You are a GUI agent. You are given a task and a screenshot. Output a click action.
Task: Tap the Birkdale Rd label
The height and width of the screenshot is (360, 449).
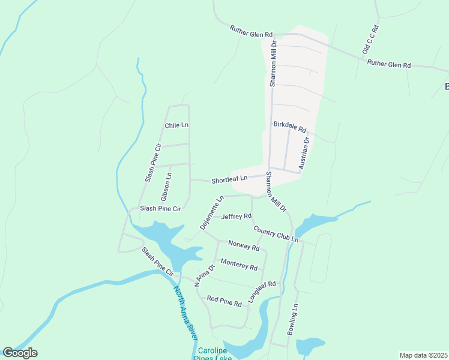(x=290, y=128)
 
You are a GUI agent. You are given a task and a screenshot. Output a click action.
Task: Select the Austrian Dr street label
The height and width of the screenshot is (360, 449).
(x=304, y=153)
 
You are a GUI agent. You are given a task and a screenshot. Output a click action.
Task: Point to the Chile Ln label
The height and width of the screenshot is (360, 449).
(x=176, y=125)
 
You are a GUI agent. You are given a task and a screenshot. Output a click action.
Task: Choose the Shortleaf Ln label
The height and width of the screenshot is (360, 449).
(x=229, y=179)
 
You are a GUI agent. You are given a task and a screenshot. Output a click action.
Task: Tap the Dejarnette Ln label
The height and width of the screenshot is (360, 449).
(x=212, y=212)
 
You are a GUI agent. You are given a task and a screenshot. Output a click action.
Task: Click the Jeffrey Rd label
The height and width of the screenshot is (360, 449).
(x=236, y=216)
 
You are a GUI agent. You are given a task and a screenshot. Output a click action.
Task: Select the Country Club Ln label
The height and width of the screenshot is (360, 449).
(x=276, y=234)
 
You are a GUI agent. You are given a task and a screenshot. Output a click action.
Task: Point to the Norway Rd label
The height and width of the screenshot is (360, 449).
(x=244, y=245)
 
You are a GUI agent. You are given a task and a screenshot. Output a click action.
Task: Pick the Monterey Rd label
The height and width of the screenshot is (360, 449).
(x=239, y=265)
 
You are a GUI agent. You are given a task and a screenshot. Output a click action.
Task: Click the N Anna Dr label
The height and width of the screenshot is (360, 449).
(x=204, y=275)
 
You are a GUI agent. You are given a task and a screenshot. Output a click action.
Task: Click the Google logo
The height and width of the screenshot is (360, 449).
(x=20, y=353)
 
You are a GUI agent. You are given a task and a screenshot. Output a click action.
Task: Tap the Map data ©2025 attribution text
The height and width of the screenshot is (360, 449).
(x=423, y=355)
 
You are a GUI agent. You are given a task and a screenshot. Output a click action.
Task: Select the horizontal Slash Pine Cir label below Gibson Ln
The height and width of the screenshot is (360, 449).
(x=160, y=209)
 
